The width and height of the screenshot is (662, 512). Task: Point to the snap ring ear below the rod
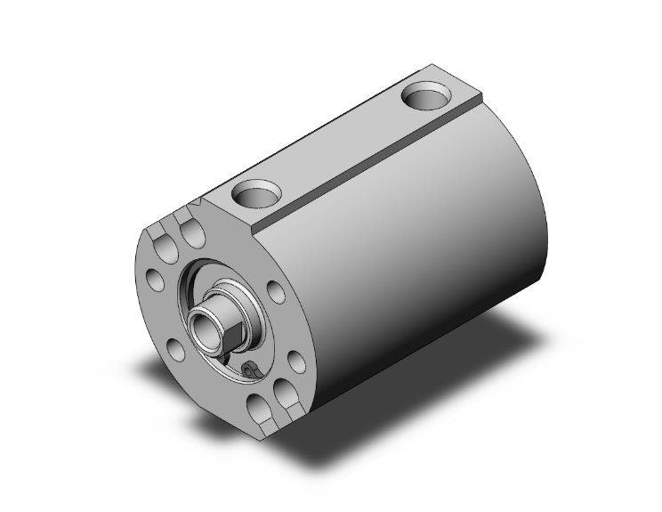248,368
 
